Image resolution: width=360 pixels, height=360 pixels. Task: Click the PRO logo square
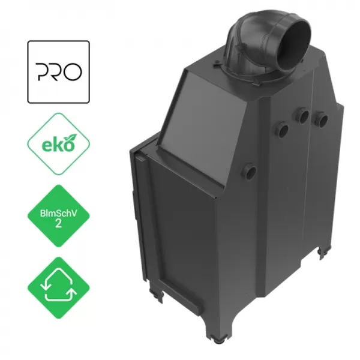point(58,72)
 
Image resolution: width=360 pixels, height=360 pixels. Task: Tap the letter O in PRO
point(73,72)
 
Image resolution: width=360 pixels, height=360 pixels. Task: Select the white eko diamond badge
point(58,144)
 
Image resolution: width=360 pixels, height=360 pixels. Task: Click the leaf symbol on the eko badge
point(70,139)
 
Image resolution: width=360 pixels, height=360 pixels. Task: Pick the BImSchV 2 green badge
point(59,216)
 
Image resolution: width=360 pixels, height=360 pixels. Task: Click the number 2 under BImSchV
point(58,223)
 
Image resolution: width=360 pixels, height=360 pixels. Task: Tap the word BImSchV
point(58,213)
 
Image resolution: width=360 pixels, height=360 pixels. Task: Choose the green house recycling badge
point(59,288)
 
